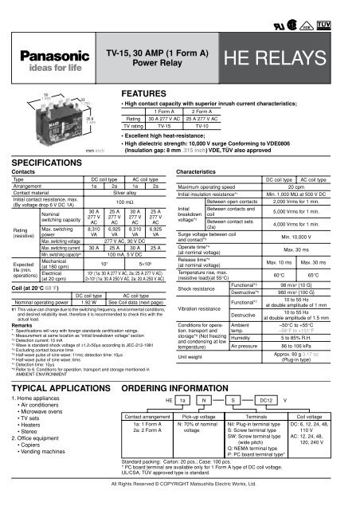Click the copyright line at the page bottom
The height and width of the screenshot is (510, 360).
coord(180,503)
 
